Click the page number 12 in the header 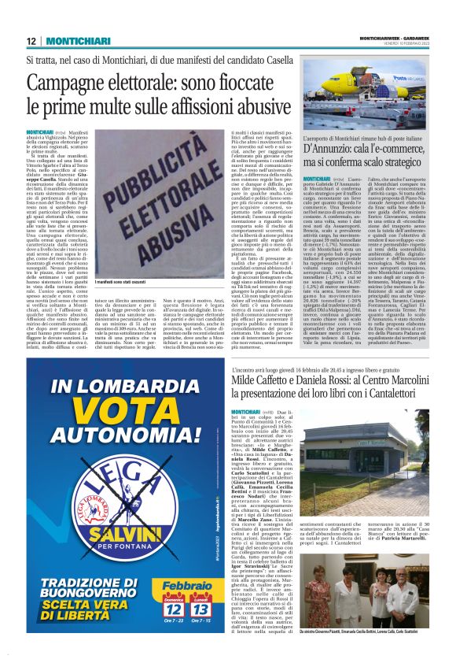(x=31, y=41)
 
